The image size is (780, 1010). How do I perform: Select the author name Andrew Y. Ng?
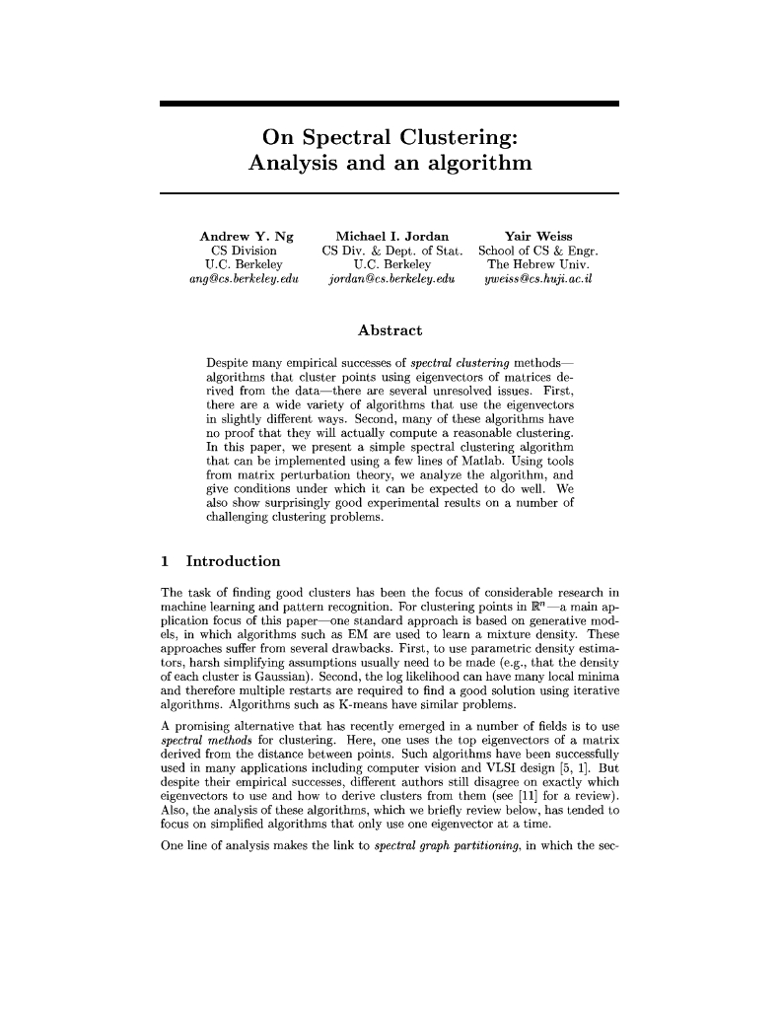click(247, 237)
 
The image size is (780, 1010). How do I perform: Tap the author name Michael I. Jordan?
click(392, 237)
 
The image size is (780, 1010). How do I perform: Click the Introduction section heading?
click(234, 561)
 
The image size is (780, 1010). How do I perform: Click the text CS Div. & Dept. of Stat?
click(392, 252)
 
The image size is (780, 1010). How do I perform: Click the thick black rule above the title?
click(389, 104)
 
